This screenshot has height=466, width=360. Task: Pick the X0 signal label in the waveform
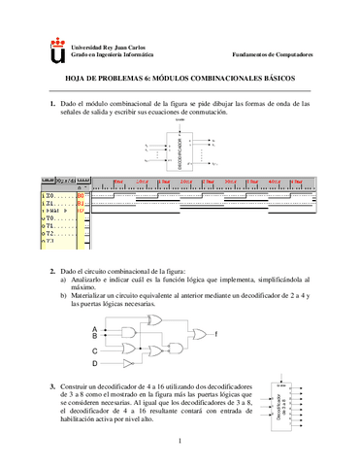[x=49, y=196]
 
